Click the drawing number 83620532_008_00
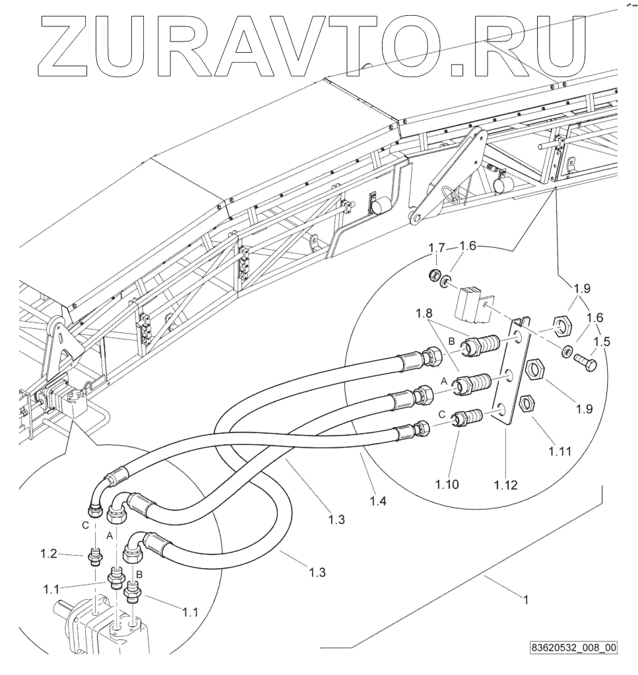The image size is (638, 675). (573, 647)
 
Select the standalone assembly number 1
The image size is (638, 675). (526, 601)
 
